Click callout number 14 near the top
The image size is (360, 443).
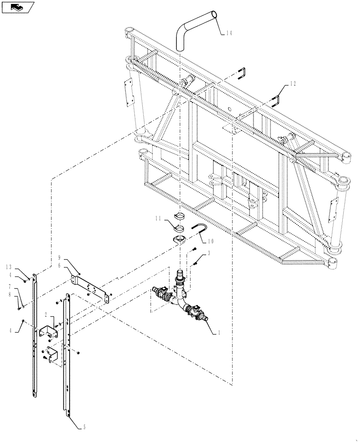[229, 32]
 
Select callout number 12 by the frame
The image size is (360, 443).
[293, 83]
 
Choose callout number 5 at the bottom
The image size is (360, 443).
[85, 428]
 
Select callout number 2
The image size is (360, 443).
[46, 315]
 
